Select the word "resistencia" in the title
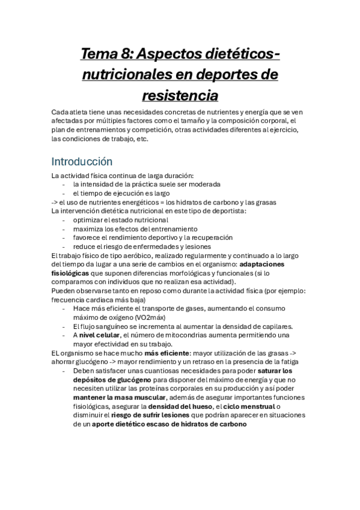[180, 95]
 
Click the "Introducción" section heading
[82, 162]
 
